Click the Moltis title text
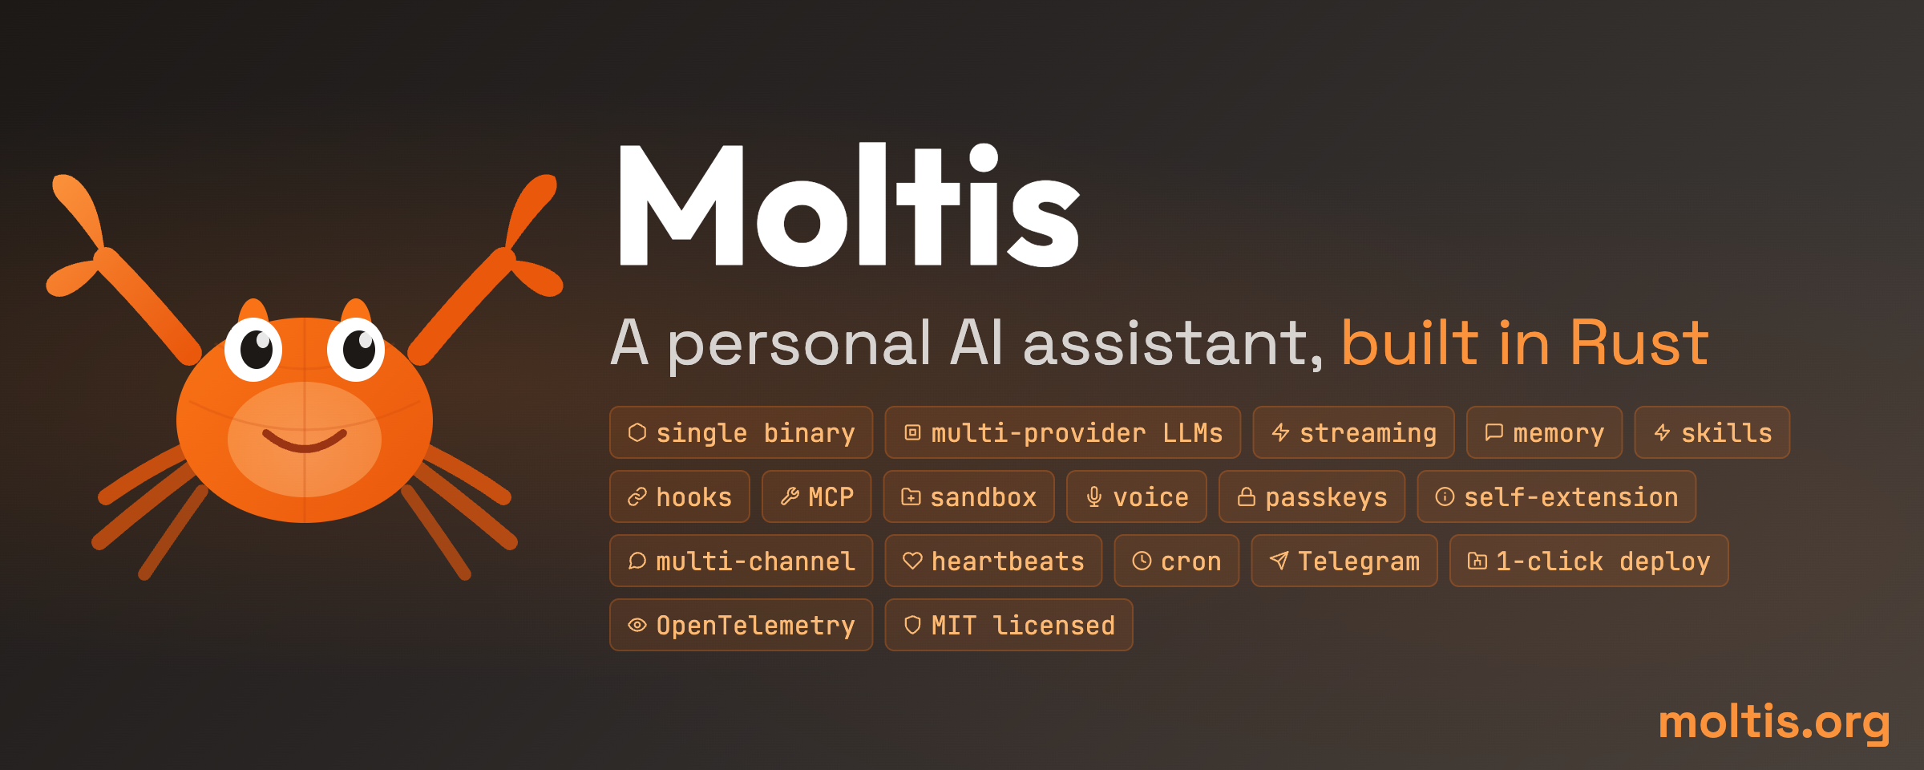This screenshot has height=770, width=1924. [x=848, y=205]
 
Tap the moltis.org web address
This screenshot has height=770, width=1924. [x=1774, y=722]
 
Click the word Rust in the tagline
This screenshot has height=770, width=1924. [x=1639, y=342]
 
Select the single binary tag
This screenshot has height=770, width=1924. [x=741, y=432]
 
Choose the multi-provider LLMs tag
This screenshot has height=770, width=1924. [x=1062, y=432]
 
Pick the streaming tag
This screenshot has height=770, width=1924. [x=1353, y=432]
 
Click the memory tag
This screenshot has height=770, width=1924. [x=1544, y=432]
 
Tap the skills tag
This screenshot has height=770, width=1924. [x=1712, y=432]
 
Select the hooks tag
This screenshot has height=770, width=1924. [x=680, y=496]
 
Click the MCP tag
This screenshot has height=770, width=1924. [x=816, y=496]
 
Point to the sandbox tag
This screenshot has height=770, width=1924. [x=968, y=496]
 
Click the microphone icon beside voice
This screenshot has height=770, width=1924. [x=1093, y=497]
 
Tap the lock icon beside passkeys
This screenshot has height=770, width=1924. [x=1246, y=497]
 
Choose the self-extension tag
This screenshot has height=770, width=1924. [x=1556, y=496]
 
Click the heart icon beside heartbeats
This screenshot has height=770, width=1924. [x=912, y=561]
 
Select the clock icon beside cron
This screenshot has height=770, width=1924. [x=1142, y=561]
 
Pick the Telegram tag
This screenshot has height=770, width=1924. [x=1344, y=561]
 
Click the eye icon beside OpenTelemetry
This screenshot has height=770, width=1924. [x=637, y=625]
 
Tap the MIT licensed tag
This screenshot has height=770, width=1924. [x=1008, y=625]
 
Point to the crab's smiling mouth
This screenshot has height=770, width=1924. [x=305, y=441]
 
